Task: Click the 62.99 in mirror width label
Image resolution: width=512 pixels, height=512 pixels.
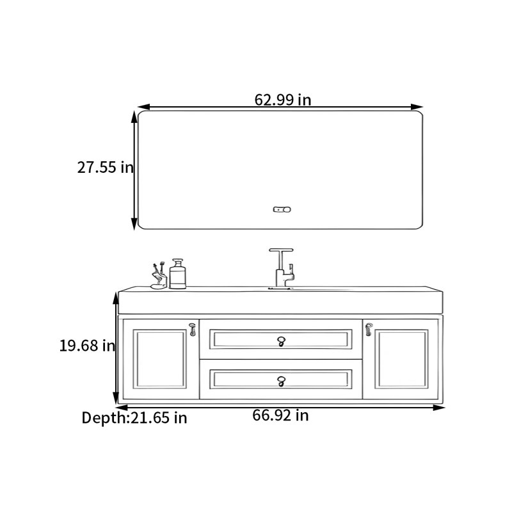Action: click(x=283, y=100)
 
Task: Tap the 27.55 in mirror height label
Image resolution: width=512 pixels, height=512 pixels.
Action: click(x=106, y=167)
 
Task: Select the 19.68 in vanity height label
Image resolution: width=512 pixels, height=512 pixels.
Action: click(x=87, y=346)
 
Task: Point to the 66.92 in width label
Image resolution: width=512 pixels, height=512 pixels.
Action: click(x=280, y=415)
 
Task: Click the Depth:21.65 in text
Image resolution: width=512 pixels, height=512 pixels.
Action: click(x=134, y=418)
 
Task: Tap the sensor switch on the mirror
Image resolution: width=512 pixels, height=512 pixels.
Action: click(x=282, y=209)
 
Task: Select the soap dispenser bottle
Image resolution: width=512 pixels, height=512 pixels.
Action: click(x=178, y=274)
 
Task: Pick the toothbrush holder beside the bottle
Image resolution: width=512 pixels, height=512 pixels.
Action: click(x=159, y=276)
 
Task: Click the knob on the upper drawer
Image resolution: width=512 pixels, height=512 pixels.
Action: click(x=281, y=341)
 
